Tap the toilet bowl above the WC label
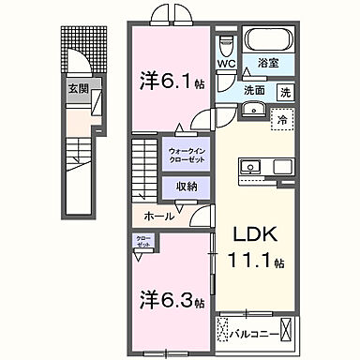[x=226, y=45]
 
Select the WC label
[x=226, y=65]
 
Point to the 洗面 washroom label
[x=254, y=91]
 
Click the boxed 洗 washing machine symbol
[x=284, y=93]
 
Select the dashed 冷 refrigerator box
[x=281, y=119]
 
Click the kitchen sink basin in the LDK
[x=252, y=168]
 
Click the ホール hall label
[x=157, y=216]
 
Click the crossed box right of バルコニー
[x=289, y=331]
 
